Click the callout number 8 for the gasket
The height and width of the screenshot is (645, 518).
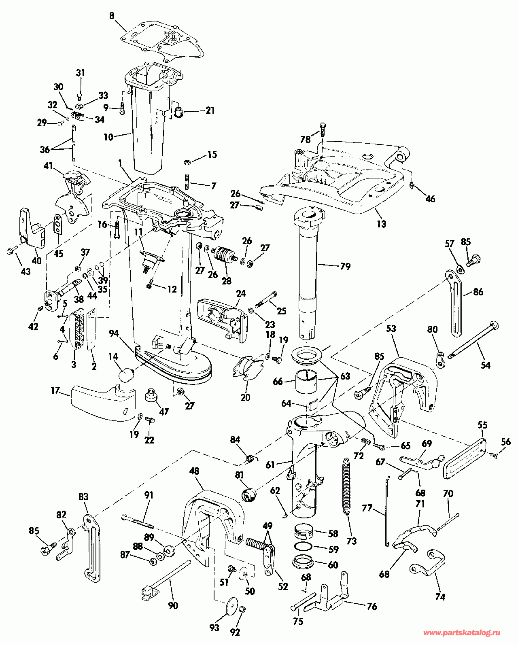tap(112, 16)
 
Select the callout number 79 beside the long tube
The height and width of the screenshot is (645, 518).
tap(345, 266)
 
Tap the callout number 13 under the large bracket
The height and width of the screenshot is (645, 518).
tap(381, 223)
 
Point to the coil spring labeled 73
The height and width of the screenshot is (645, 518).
tap(346, 486)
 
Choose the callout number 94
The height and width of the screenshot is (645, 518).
tap(114, 333)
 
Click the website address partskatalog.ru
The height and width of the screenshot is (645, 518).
tap(461, 633)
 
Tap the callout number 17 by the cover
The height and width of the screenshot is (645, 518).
tap(55, 390)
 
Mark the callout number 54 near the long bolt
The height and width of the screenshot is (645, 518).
tap(485, 365)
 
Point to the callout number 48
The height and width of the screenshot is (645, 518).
tap(194, 471)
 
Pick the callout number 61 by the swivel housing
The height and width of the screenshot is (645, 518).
tap(270, 465)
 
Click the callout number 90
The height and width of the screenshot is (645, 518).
tap(173, 606)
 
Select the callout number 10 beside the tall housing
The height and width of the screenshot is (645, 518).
tap(108, 137)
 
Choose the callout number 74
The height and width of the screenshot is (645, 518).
tap(440, 597)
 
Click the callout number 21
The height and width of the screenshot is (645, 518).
tap(210, 110)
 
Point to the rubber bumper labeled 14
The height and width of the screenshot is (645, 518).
tap(127, 373)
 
